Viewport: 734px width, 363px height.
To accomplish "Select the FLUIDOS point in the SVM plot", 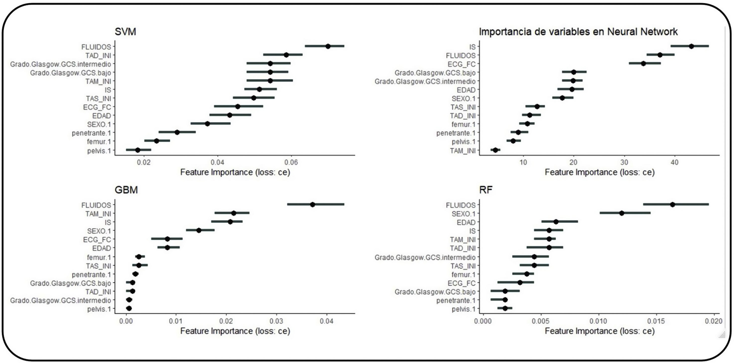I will coord(328,46).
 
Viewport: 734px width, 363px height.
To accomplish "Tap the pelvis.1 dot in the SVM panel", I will coord(138,150).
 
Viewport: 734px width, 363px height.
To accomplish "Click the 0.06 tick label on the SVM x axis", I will coord(291,163).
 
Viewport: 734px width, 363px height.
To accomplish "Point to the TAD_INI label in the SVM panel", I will coord(98,55).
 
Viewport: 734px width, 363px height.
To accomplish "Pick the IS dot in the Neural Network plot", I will coord(691,46).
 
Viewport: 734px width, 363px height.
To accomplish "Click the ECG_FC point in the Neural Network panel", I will coord(643,64).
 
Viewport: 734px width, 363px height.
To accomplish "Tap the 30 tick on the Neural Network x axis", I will coord(624,163).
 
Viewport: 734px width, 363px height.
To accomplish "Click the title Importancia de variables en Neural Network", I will coord(578,31).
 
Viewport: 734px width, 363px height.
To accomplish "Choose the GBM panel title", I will coord(126,190).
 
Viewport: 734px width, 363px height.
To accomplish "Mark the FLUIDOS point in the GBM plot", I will coord(313,204).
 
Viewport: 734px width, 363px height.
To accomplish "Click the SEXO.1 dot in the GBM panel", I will coord(199,230).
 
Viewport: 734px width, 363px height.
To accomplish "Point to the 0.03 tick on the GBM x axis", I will coord(276,321).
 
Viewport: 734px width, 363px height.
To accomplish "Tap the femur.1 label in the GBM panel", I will coord(99,257).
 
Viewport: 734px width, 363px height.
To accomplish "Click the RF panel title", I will coord(486,190).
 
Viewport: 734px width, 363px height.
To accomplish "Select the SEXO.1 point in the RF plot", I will coord(622,213).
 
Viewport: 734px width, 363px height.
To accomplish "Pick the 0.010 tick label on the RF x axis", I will coord(598,321).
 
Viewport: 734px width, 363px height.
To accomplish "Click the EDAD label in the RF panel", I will coord(466,222).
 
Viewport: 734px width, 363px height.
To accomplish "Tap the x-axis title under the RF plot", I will coord(599,331).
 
